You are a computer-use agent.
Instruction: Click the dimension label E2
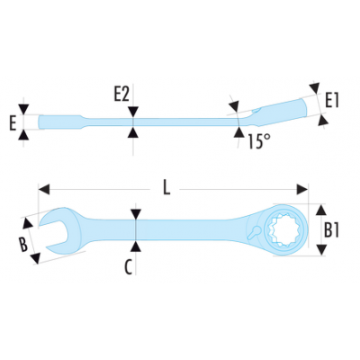(121, 94)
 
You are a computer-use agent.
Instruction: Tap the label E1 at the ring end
(332, 100)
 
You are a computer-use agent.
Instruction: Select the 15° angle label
(259, 141)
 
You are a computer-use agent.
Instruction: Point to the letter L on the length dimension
(166, 189)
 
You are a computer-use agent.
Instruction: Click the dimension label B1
(331, 230)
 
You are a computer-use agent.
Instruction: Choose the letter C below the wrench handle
(128, 267)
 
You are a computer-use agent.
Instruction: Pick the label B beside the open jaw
(23, 244)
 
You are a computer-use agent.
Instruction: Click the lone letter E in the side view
(13, 123)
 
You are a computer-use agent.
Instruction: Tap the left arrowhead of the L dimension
(44, 190)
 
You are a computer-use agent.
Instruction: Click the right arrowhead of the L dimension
(302, 190)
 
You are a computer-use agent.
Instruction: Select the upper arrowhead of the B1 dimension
(321, 210)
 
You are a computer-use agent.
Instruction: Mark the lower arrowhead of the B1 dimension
(321, 249)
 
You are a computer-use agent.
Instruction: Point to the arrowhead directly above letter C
(136, 214)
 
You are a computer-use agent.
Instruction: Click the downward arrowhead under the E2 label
(133, 112)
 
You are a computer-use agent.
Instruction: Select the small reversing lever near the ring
(255, 232)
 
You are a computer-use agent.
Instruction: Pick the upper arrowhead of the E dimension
(23, 109)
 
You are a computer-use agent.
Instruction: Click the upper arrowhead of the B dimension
(28, 223)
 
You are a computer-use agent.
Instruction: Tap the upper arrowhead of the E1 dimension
(314, 88)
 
